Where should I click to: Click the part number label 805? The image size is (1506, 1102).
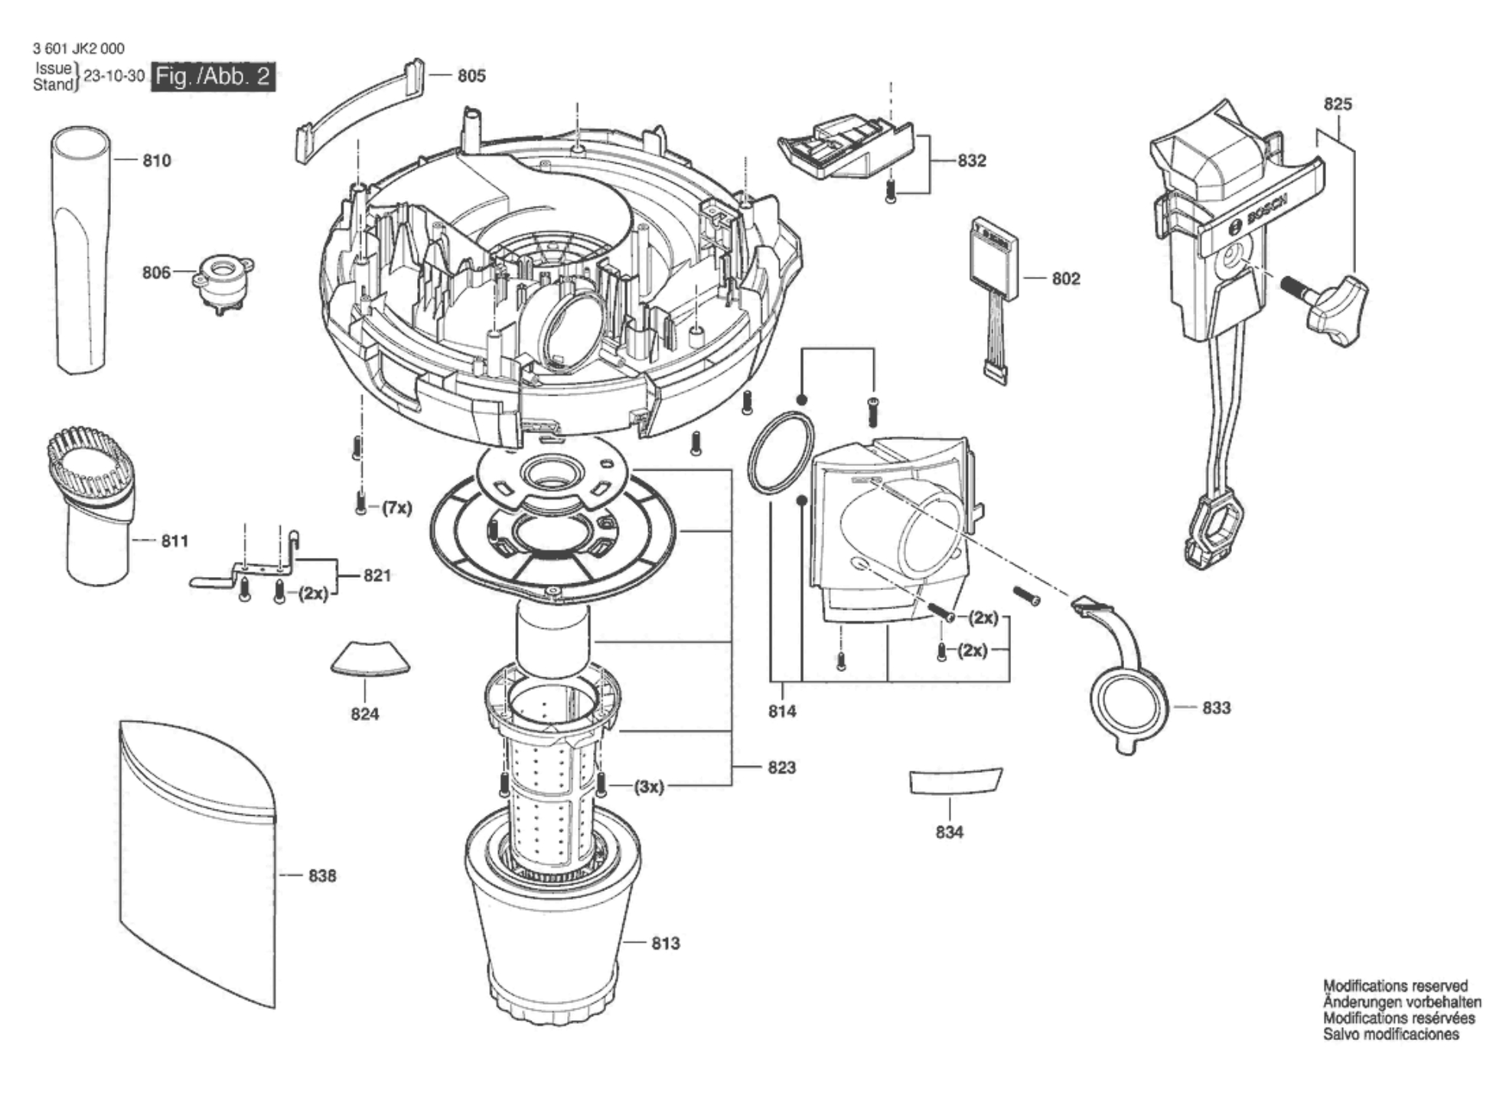pyautogui.click(x=471, y=75)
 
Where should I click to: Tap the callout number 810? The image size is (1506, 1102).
pyautogui.click(x=157, y=161)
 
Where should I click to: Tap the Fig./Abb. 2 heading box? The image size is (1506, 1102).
pyautogui.click(x=213, y=77)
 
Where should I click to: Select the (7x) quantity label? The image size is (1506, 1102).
pyautogui.click(x=396, y=508)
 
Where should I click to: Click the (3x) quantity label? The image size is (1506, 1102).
pyautogui.click(x=649, y=787)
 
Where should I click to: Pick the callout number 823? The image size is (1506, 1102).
pyautogui.click(x=782, y=768)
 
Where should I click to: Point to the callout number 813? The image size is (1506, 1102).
pyautogui.click(x=666, y=944)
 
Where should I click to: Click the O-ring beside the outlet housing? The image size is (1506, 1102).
pyautogui.click(x=780, y=453)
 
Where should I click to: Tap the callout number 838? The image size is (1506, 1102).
pyautogui.click(x=322, y=875)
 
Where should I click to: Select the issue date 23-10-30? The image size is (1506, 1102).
pyautogui.click(x=114, y=77)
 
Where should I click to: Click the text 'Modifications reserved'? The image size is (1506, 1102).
pyautogui.click(x=1396, y=986)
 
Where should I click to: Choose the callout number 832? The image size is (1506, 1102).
pyautogui.click(x=972, y=161)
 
